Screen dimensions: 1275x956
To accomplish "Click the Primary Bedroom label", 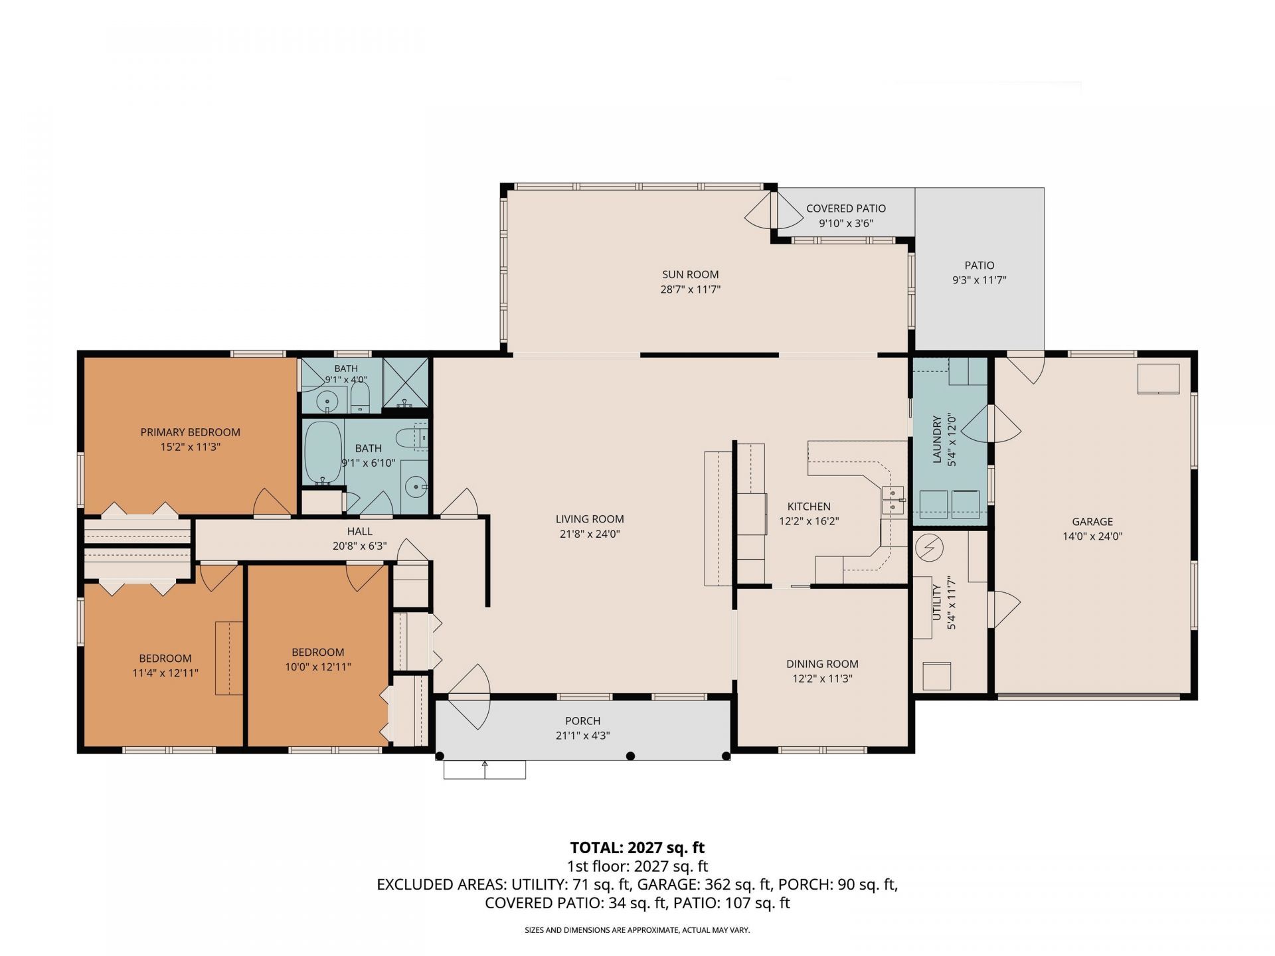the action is [190, 432].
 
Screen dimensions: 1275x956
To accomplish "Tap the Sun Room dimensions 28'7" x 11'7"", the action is [691, 289].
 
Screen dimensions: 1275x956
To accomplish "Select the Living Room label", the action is [590, 519].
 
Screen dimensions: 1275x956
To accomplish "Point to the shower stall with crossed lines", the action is [406, 383].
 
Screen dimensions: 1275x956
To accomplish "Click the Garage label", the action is [1092, 522].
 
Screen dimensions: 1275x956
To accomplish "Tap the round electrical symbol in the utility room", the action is [929, 547].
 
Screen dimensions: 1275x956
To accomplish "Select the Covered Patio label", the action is [846, 208].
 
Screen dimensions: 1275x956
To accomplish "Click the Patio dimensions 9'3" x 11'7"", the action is [979, 280].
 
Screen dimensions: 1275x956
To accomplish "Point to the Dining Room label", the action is [822, 664].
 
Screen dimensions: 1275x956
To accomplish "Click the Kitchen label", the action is [809, 507].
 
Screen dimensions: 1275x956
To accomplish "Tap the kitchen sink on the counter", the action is [893, 500].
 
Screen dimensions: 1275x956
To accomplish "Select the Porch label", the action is [583, 721].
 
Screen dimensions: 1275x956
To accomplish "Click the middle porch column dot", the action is [631, 756].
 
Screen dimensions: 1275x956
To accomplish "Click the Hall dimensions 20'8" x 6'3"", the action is [360, 546].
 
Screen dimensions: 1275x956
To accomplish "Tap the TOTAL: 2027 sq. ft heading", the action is [637, 848].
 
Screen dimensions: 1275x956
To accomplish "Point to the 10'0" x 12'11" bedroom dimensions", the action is [318, 667].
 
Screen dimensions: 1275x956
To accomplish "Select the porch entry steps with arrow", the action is [485, 769].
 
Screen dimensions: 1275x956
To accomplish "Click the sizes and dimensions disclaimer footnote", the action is [637, 930].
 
